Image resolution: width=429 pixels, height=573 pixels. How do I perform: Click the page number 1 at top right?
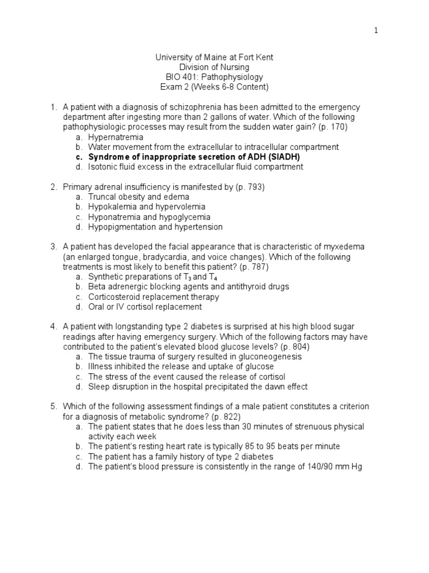coord(376,31)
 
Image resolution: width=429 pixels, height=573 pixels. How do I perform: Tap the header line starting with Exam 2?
coord(214,87)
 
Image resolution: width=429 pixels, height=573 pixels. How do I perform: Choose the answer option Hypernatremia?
coord(116,137)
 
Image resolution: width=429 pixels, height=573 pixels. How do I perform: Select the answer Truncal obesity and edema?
coord(139,197)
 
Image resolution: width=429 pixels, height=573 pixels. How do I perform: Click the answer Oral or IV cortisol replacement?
coord(145,307)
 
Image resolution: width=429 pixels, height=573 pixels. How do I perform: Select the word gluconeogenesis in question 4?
coord(270,356)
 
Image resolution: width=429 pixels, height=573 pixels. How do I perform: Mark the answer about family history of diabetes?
coord(180,456)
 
